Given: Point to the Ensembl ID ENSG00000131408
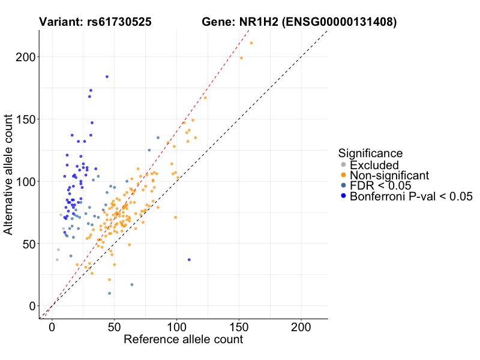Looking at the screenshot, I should (x=338, y=22).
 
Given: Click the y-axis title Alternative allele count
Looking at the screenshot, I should (x=9, y=174).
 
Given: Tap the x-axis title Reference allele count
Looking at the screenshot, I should (x=183, y=340).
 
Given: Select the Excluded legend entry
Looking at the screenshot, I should (x=374, y=165).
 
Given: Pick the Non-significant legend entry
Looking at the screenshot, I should (x=389, y=175).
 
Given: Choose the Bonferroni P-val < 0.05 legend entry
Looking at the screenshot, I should (x=412, y=196).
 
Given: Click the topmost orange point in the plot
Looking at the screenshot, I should (x=251, y=43).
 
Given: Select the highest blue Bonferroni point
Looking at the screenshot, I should (x=107, y=77).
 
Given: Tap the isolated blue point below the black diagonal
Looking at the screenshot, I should (x=189, y=260).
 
